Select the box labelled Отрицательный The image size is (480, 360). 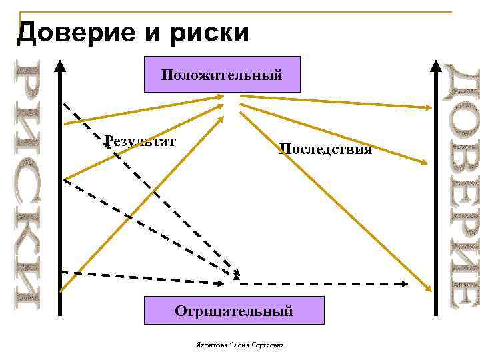[x=233, y=311]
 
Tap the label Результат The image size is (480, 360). [x=140, y=141]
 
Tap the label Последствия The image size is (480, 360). [x=325, y=149]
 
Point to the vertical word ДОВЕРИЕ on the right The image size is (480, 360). [x=461, y=187]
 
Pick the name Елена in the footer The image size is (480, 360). [x=239, y=345]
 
